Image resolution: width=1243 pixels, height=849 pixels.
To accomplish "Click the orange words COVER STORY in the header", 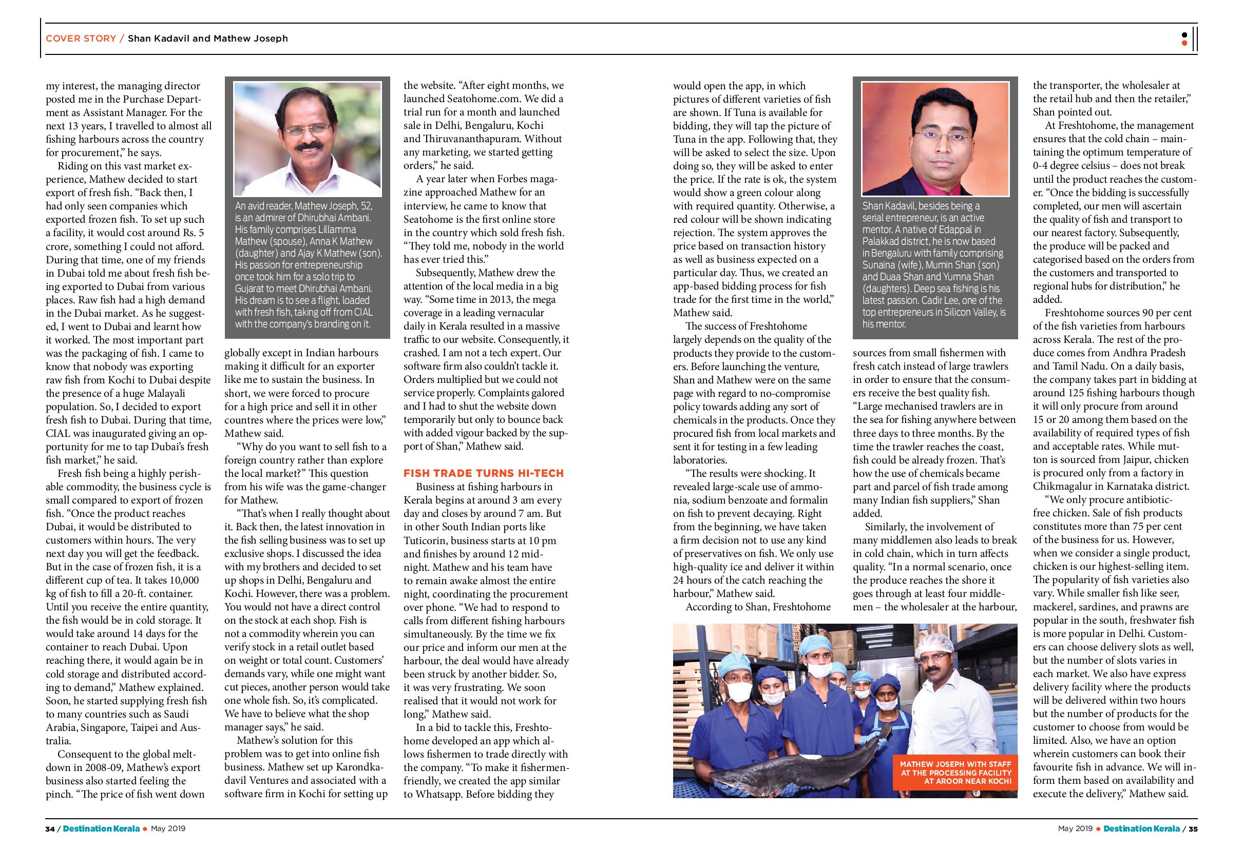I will pos(81,38).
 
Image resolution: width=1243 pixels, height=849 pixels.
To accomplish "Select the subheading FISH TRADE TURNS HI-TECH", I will pos(483,473).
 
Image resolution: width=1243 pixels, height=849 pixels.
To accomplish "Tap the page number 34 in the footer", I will pos(50,829).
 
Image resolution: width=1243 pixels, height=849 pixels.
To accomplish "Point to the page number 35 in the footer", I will pos(1193,829).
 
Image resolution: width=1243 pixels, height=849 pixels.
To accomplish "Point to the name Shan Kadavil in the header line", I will pos(155,38).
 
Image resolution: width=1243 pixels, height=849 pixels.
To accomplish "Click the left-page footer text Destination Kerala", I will pos(101,829).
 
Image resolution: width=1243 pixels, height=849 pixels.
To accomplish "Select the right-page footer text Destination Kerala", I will pos(1141,829).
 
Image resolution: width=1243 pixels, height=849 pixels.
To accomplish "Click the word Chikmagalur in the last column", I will pos(1064,487).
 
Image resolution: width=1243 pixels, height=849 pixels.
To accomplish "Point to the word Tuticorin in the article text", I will pos(427,540).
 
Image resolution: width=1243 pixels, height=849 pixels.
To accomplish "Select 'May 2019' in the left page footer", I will pos(168,829).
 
